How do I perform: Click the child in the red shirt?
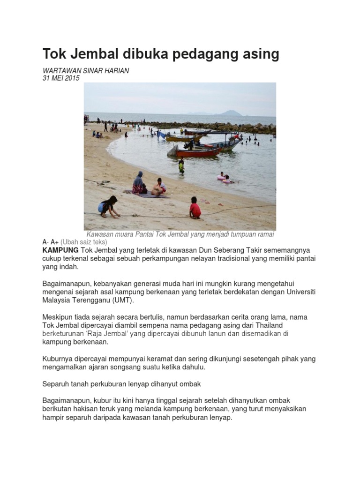tap(195, 208)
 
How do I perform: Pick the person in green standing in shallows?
tap(181, 165)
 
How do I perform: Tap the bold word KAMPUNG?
tap(60, 250)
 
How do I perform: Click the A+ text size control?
tap(54, 242)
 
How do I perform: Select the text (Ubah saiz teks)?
tap(84, 242)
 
